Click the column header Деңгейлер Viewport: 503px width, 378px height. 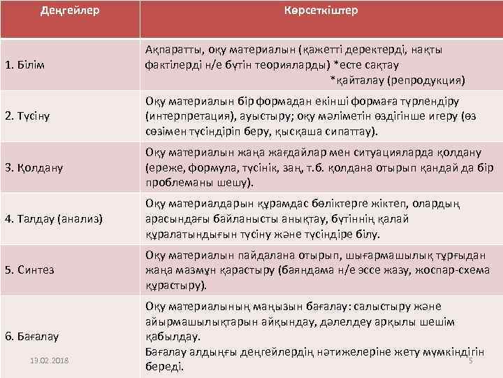pos(70,11)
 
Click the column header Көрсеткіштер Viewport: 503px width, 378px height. pos(321,11)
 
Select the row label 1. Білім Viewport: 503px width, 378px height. pos(25,65)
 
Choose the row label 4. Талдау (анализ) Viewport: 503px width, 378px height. pos(54,219)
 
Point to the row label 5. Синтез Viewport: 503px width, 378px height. pos(30,269)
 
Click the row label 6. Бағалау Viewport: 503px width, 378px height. pos(32,337)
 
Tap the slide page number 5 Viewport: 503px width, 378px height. pos(470,360)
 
